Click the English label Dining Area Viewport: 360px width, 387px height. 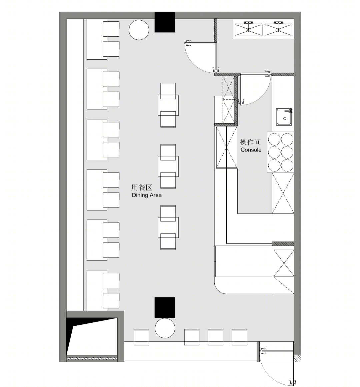[x=147, y=195]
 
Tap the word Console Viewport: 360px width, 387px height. [x=251, y=150]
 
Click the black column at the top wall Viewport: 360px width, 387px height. [x=165, y=22]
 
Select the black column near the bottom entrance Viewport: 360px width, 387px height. [x=165, y=307]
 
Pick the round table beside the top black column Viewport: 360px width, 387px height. [x=139, y=30]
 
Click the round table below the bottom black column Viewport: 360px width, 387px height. [x=165, y=328]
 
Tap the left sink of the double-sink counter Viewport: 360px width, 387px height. [x=248, y=30]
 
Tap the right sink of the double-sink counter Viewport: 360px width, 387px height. [x=278, y=30]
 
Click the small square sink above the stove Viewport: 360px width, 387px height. [x=284, y=117]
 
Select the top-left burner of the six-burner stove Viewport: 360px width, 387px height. [x=274, y=139]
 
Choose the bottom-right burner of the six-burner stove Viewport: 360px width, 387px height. [x=287, y=166]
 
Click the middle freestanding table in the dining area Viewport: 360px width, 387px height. [x=168, y=166]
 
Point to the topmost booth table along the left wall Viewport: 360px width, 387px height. [x=97, y=39]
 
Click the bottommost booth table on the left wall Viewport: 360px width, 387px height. [x=97, y=290]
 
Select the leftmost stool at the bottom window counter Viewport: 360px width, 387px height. [x=141, y=337]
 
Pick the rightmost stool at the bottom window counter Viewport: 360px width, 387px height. [x=239, y=337]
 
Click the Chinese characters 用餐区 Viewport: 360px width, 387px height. [x=142, y=188]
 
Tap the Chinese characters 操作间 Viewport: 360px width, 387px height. [x=250, y=142]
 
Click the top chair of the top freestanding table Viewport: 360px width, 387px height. [x=168, y=91]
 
